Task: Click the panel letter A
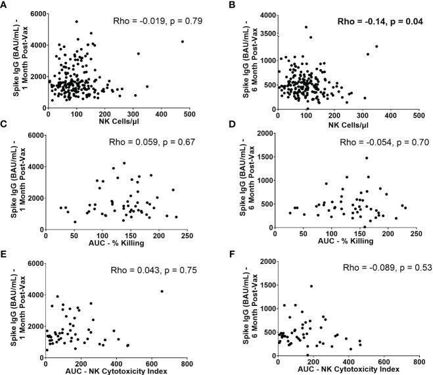coord(5,5)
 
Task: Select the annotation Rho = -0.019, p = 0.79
coord(147,20)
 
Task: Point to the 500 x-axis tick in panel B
coord(417,114)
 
